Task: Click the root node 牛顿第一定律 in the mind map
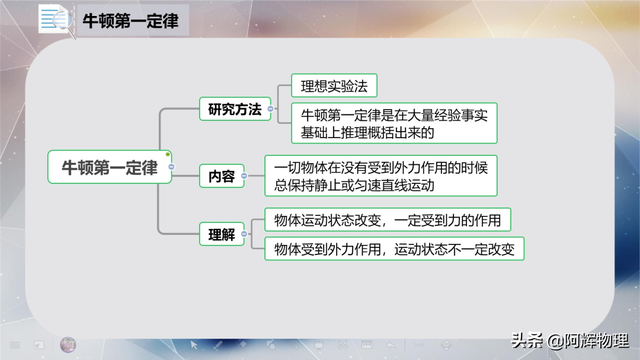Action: click(x=109, y=166)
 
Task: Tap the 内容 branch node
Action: click(x=221, y=176)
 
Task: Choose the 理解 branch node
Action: click(x=221, y=236)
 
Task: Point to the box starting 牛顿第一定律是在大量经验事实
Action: click(x=397, y=123)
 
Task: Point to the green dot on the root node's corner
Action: click(x=168, y=153)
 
